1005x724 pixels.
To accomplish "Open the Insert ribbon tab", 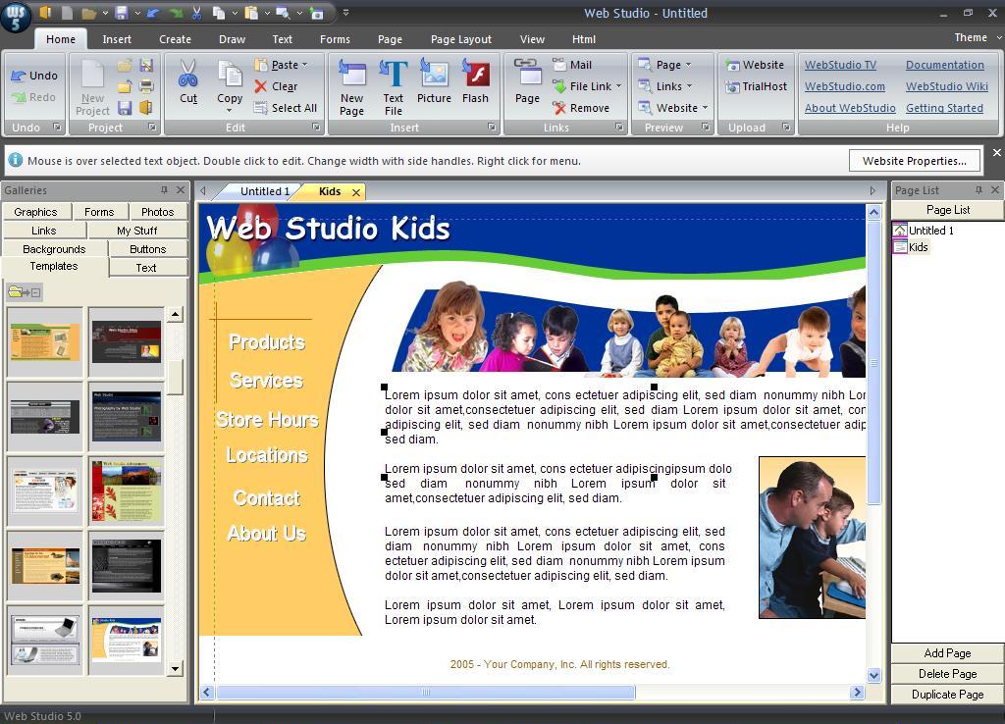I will pos(117,39).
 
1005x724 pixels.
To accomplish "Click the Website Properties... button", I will pos(914,161).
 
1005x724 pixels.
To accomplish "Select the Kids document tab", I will pos(329,191).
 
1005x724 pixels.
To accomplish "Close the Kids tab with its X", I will pos(356,192).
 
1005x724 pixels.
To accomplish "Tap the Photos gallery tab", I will pos(157,212).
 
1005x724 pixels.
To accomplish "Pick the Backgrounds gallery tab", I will pos(54,249).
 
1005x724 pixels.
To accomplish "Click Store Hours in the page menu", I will pos(267,420).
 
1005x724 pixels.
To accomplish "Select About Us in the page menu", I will pos(267,534).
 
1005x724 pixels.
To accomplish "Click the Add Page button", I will pos(947,653).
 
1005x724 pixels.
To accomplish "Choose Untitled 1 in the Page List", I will pos(930,231).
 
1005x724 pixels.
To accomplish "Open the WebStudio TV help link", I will pos(840,65).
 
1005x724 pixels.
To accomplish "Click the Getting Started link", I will pos(944,108).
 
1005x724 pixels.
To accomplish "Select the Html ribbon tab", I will pos(584,39).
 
